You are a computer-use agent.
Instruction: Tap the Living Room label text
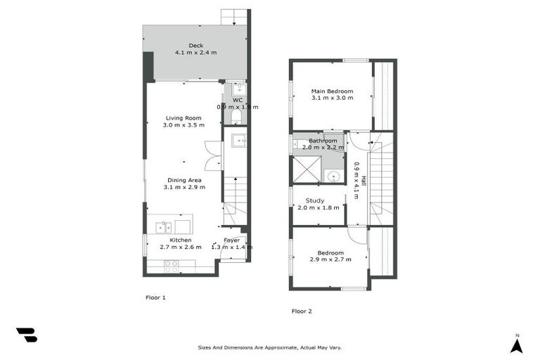click(x=184, y=118)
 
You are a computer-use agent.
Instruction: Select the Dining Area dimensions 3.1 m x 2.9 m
click(x=184, y=187)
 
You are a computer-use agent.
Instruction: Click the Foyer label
click(x=232, y=240)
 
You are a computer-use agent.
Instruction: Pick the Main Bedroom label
click(x=332, y=91)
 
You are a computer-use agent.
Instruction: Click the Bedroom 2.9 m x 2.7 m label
click(x=330, y=253)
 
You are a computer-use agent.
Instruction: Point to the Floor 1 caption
click(x=155, y=297)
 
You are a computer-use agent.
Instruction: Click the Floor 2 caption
click(x=302, y=311)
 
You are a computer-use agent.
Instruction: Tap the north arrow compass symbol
click(x=516, y=345)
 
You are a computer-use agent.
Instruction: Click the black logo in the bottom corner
click(x=27, y=335)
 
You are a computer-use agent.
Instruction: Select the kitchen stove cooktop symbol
click(x=171, y=266)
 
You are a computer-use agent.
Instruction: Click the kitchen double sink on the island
click(x=164, y=227)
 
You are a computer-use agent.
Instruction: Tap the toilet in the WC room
click(x=237, y=117)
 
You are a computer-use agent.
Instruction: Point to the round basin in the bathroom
click(x=333, y=176)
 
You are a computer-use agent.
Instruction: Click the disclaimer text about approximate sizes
click(x=270, y=347)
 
